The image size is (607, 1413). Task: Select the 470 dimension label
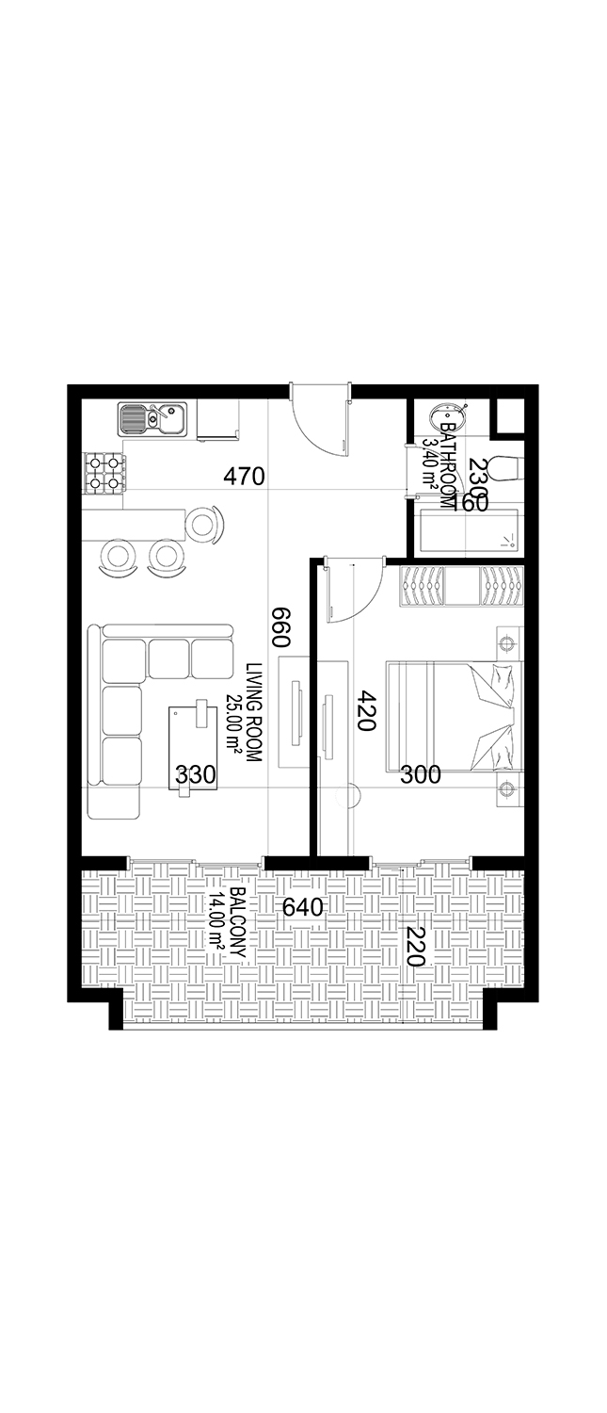[x=244, y=477]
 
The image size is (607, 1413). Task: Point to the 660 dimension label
[x=280, y=625]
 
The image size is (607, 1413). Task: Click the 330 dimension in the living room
[x=196, y=775]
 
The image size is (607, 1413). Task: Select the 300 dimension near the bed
[x=420, y=775]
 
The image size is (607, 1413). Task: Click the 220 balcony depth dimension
[x=414, y=947]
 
